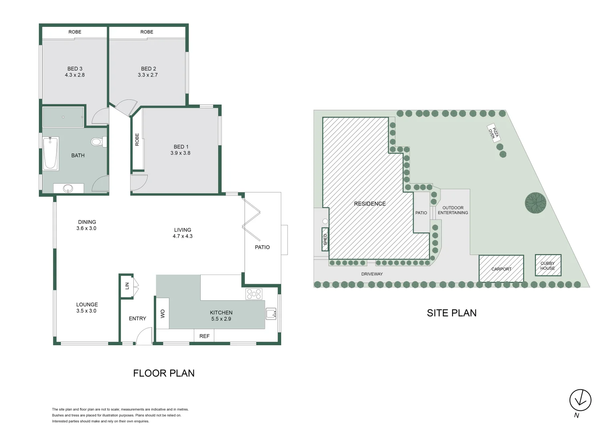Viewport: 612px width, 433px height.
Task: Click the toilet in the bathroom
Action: click(97, 142)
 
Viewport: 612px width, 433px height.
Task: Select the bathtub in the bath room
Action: click(50, 154)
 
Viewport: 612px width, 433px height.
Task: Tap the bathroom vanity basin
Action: click(68, 188)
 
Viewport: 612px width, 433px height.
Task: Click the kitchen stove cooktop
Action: click(254, 294)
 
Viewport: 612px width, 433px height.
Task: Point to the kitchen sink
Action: click(271, 314)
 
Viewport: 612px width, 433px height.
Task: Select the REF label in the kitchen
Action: click(204, 336)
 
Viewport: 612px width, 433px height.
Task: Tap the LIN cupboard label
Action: click(127, 286)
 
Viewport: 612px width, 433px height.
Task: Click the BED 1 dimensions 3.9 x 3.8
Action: click(180, 153)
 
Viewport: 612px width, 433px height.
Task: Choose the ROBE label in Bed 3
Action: click(75, 32)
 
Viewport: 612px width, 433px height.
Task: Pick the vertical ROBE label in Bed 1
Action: click(137, 139)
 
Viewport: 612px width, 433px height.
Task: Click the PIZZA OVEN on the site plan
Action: click(493, 133)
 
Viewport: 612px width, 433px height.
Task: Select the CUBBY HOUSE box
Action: click(548, 265)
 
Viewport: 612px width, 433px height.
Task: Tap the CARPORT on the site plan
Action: click(501, 269)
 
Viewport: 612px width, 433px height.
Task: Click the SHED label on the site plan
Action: click(325, 239)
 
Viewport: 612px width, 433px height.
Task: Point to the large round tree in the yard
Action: click(535, 202)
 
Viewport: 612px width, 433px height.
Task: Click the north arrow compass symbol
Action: click(580, 400)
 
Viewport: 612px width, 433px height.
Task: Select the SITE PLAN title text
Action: click(451, 313)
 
